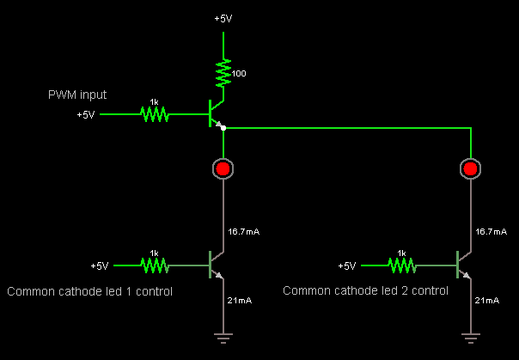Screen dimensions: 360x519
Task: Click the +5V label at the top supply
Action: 223,18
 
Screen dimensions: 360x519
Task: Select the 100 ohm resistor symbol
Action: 223,73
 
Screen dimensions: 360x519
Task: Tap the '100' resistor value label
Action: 239,74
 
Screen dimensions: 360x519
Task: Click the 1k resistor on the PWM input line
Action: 155,113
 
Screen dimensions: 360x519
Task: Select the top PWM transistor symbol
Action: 215,113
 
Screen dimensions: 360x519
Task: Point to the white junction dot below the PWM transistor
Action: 223,128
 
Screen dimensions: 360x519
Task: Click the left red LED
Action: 223,168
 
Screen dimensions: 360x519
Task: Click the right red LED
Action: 470,168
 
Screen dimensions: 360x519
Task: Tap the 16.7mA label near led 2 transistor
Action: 490,232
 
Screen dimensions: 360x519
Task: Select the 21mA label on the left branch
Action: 239,300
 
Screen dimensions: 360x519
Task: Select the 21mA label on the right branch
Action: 487,300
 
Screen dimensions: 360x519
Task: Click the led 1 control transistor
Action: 215,265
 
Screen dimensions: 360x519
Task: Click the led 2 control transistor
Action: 462,265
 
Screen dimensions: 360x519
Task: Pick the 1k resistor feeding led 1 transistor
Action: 155,265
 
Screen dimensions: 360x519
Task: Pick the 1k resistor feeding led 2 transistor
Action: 401,265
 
